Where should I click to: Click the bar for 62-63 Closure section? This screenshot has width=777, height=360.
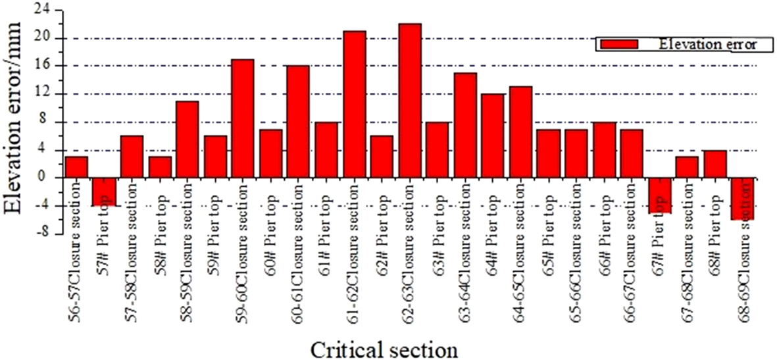click(409, 101)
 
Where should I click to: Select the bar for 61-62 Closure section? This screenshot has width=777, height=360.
click(354, 104)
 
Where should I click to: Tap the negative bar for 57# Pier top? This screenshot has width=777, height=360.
click(103, 192)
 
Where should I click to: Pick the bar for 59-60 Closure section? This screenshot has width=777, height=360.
click(242, 118)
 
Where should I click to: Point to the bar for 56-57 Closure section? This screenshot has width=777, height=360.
click(76, 167)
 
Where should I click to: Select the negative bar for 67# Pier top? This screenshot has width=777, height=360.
click(659, 195)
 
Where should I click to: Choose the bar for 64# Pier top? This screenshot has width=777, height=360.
click(493, 136)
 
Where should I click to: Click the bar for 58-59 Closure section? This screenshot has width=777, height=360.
click(187, 140)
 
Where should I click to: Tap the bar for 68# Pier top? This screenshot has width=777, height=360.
click(714, 164)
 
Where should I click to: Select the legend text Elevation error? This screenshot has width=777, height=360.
click(707, 44)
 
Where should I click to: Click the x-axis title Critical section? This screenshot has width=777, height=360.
click(384, 347)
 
